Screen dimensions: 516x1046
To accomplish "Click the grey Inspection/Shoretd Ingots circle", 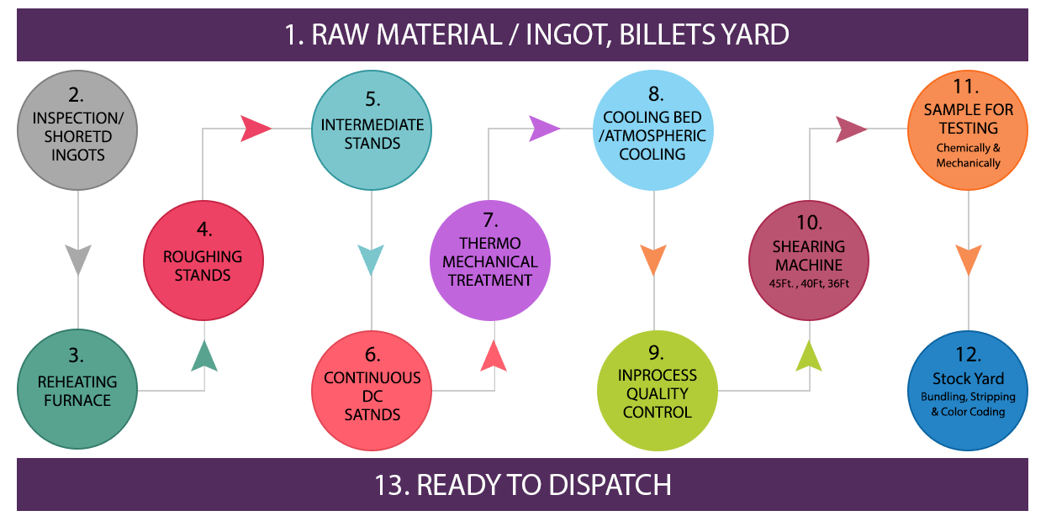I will coord(77,133).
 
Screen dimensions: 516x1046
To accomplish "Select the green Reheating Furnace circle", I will coord(77,389).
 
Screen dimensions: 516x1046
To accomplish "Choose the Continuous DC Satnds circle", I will coord(372,389).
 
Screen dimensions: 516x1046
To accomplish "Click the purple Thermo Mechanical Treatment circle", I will coord(490,261).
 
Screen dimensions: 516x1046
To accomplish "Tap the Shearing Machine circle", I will coord(809,261).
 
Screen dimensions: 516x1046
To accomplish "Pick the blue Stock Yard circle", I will coord(968,389).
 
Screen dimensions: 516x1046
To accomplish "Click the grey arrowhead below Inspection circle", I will coord(77,260).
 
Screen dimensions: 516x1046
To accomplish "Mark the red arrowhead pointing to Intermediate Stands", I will coord(256,129).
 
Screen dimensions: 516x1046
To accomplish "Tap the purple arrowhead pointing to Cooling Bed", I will coord(544,129).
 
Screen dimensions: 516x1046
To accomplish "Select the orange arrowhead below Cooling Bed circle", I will coord(653,260).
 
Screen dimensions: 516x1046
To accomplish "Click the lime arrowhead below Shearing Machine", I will coord(809,355).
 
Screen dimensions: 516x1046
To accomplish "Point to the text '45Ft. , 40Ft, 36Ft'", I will coord(809,285).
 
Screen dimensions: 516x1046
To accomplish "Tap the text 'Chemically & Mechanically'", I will coord(968,155).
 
